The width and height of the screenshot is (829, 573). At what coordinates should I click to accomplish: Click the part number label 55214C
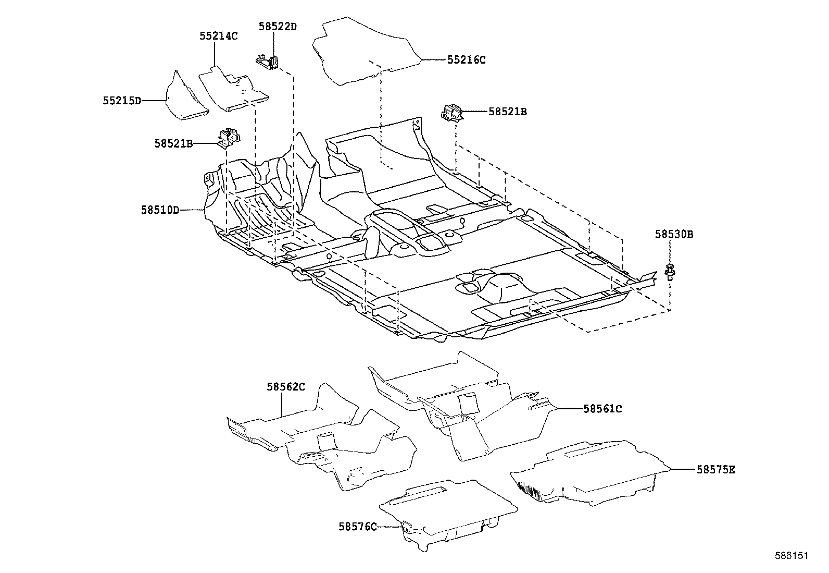coord(218,36)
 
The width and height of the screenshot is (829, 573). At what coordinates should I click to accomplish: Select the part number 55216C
coord(466,60)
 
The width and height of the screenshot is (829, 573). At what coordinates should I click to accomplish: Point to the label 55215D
coord(122,100)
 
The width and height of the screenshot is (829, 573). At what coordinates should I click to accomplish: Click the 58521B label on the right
coord(507,112)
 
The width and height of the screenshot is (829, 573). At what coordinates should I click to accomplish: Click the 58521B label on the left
coord(173,143)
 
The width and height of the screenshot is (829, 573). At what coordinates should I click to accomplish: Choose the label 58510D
coord(160,210)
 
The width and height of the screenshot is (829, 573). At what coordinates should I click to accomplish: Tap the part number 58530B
coord(674,235)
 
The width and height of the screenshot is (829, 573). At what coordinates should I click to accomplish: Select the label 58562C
coord(285,387)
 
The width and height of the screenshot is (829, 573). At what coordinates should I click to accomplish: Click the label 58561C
coord(602,409)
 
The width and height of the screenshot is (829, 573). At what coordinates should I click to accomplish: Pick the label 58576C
coord(357,527)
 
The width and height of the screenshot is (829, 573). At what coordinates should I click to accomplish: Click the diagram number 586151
coord(791,556)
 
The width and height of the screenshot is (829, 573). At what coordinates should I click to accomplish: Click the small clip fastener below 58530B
coord(669,272)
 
